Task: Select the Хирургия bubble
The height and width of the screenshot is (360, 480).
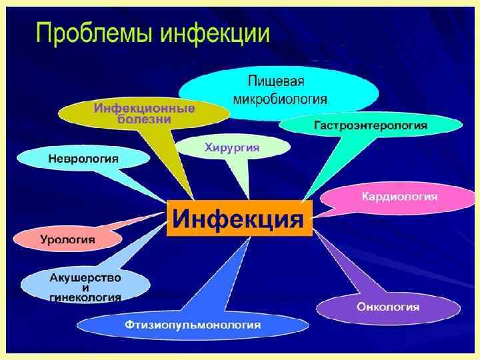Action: pyautogui.click(x=231, y=146)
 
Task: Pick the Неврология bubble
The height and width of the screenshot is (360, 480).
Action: pyautogui.click(x=83, y=159)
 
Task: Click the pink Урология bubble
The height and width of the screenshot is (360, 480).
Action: pyautogui.click(x=67, y=239)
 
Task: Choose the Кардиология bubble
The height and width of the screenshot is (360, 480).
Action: pyautogui.click(x=399, y=197)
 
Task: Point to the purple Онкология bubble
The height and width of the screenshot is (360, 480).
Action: pyautogui.click(x=387, y=307)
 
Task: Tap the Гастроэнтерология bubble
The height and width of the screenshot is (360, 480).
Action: pyautogui.click(x=371, y=125)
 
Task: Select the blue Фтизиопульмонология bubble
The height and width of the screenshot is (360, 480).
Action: pyautogui.click(x=192, y=325)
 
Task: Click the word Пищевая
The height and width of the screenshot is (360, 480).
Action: pyautogui.click(x=276, y=83)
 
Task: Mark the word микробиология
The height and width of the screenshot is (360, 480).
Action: pyautogui.click(x=279, y=99)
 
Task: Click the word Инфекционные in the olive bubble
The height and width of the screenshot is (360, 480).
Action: pyautogui.click(x=144, y=108)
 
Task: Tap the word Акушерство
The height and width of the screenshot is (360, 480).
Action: pyautogui.click(x=85, y=276)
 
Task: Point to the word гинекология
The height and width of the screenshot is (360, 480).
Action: pyautogui.click(x=85, y=297)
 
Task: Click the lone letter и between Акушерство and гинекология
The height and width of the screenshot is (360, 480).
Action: pyautogui.click(x=85, y=287)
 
